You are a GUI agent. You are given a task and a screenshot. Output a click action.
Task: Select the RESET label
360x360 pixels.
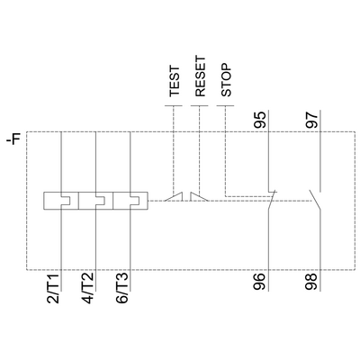pos(201,79)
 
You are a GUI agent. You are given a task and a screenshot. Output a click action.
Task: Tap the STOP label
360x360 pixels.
pos(226,82)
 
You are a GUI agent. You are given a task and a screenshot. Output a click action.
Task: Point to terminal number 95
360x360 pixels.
pos(260,120)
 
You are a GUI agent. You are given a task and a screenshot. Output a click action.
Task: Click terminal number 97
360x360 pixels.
pos(311,120)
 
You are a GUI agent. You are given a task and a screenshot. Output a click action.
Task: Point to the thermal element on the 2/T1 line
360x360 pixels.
pos(61,200)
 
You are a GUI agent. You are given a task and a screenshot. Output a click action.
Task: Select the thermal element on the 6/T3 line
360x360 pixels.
pos(131,200)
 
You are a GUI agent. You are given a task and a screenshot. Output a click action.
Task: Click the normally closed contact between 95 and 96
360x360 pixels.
pos(270,197)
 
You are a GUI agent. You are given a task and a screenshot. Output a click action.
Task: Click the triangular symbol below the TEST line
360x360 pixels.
pos(178,195)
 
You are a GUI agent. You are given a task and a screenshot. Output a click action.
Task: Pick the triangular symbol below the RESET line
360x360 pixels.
pos(201,195)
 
